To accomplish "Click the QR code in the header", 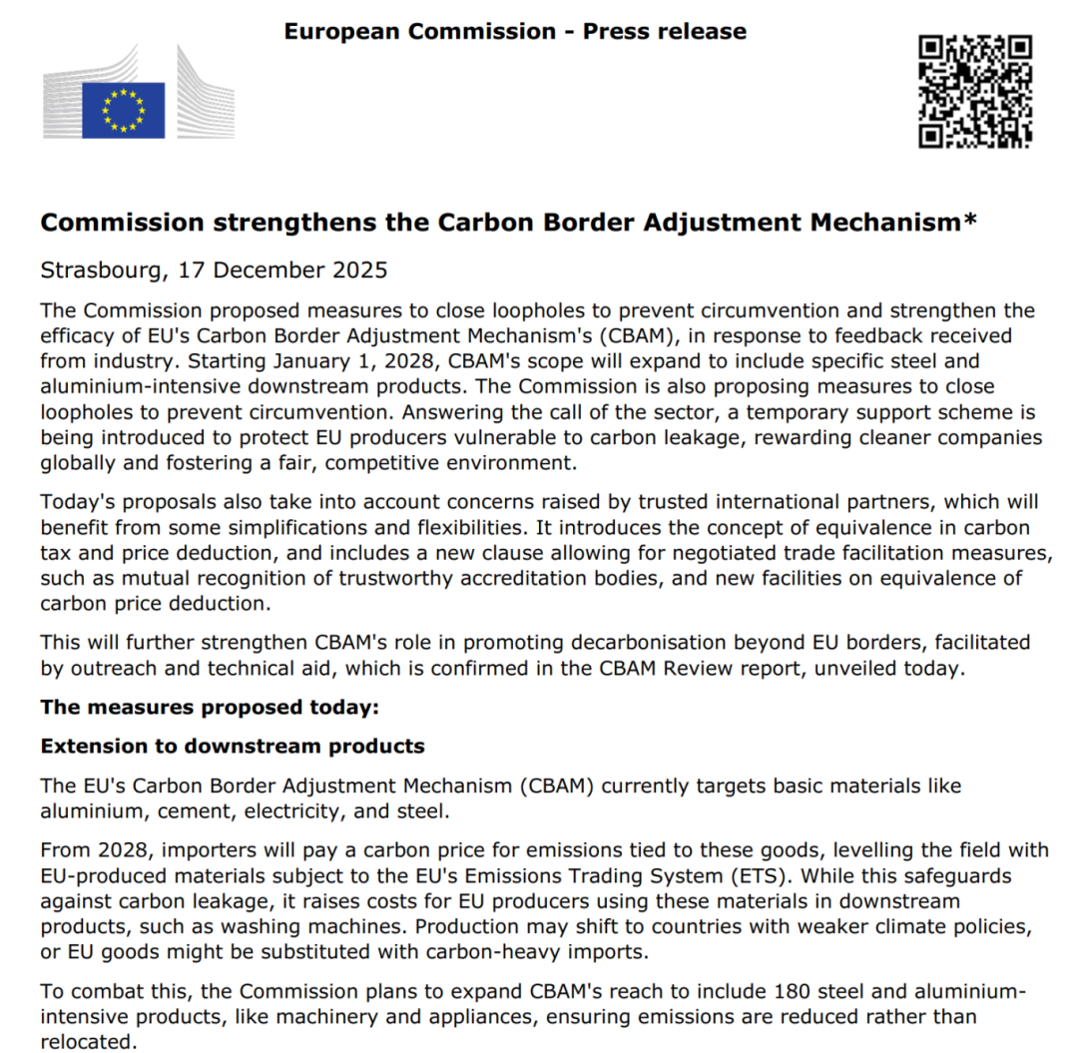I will (975, 91).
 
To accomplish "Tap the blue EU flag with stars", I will (123, 110).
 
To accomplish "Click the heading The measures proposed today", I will (211, 708).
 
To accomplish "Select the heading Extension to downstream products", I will (233, 746).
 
